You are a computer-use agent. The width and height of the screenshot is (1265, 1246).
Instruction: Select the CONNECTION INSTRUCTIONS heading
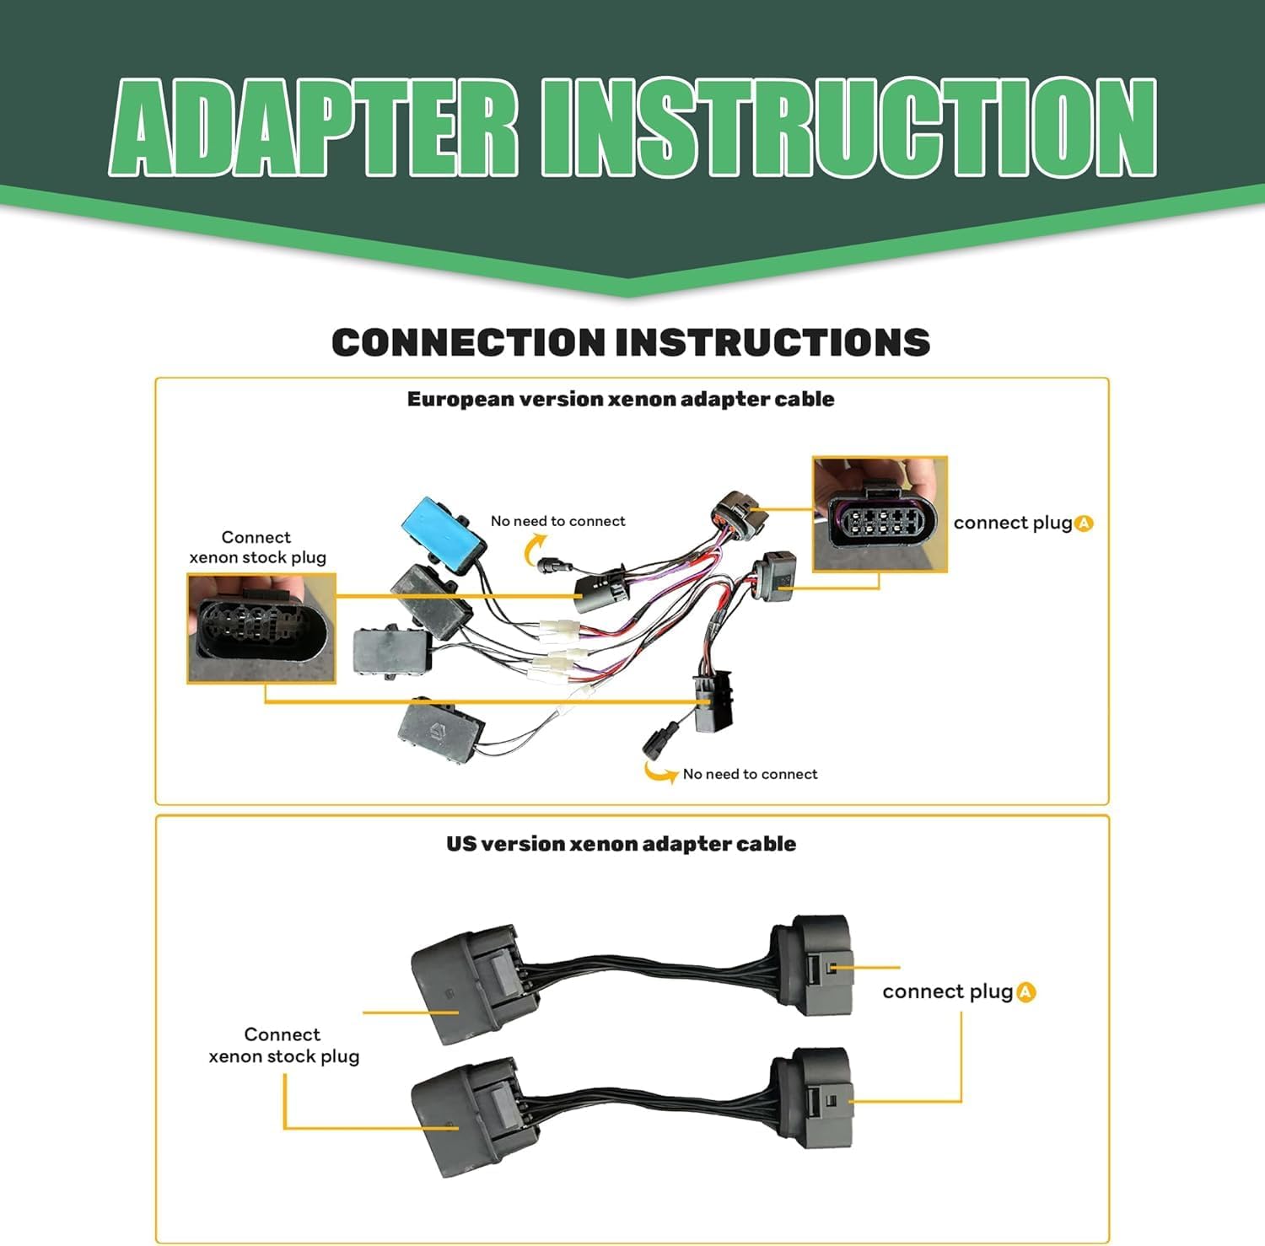(x=631, y=342)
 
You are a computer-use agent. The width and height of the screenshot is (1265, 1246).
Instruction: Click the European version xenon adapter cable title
(x=621, y=399)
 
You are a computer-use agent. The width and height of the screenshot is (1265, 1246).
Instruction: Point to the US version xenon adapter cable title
(x=621, y=844)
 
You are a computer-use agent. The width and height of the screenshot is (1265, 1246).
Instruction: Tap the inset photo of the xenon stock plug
(x=261, y=628)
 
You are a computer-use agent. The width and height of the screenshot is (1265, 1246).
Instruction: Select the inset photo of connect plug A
(x=880, y=514)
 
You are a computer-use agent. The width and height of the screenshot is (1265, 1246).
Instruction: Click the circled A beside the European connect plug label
(x=1085, y=524)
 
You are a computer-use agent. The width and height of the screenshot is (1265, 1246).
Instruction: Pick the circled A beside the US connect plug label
(x=1025, y=992)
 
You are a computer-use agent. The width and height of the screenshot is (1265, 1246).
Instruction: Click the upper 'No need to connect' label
(x=558, y=521)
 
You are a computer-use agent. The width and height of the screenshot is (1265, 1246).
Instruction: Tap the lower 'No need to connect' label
(x=750, y=774)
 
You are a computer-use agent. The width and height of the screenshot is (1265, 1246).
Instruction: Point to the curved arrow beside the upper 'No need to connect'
(x=532, y=551)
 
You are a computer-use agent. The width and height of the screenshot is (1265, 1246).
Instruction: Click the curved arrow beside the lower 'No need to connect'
(x=659, y=772)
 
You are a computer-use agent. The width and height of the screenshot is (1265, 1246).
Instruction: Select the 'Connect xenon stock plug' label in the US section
(x=283, y=1045)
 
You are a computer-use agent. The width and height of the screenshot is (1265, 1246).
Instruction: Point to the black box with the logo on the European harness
(x=440, y=731)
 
